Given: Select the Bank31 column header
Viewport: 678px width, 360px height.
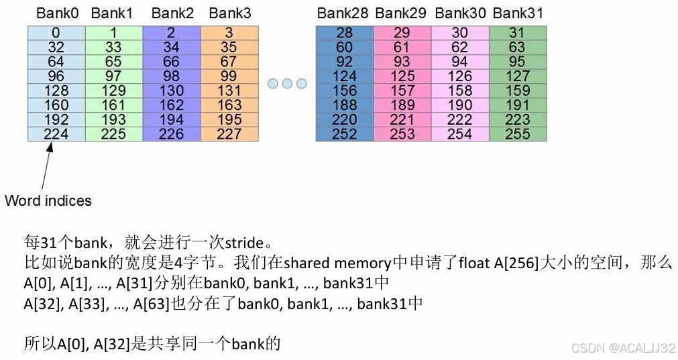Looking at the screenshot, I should point(517,13).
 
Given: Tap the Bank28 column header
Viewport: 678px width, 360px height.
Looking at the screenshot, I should point(343,13).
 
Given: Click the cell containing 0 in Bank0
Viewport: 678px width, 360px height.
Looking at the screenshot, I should point(56,33).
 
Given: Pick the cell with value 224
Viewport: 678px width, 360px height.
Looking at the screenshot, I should point(56,134).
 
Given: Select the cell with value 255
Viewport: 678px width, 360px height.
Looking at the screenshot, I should point(517,134).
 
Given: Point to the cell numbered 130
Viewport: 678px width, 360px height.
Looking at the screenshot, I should point(172,91).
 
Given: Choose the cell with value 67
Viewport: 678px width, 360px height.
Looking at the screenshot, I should point(229,62).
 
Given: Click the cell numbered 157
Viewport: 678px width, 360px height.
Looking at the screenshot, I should point(402,91).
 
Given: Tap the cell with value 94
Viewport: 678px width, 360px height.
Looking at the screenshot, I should point(459,62).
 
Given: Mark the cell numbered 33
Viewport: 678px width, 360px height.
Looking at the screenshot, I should point(114,48).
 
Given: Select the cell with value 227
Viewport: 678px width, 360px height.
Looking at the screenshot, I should point(229,134).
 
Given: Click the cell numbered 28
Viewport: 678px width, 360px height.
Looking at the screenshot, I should point(344,33).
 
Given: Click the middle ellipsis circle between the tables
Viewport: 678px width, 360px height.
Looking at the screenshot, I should point(287,84).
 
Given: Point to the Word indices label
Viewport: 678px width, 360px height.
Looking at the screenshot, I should point(48,200).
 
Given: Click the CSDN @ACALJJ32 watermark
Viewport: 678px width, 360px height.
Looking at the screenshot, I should point(622,348).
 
